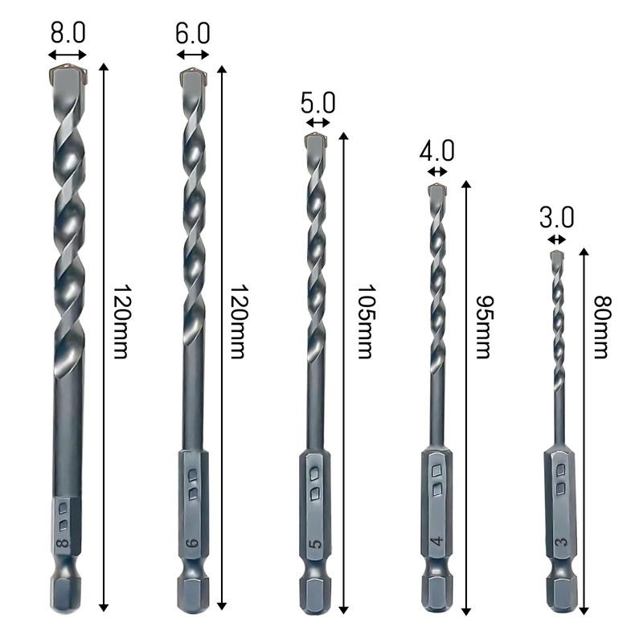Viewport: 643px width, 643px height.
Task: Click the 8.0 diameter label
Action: pyautogui.click(x=68, y=33)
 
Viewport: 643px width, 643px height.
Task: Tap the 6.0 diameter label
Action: pyautogui.click(x=193, y=33)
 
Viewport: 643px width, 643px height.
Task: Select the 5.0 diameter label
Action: pyautogui.click(x=318, y=103)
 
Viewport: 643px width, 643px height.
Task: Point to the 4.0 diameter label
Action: pyautogui.click(x=437, y=151)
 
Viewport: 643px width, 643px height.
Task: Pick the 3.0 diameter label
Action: pyautogui.click(x=556, y=218)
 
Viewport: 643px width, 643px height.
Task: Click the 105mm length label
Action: pyautogui.click(x=365, y=321)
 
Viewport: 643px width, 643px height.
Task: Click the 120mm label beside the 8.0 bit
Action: pyautogui.click(x=120, y=321)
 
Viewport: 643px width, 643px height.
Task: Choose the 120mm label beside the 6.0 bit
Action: pyautogui.click(x=237, y=321)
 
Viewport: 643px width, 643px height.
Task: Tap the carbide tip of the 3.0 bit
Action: pyautogui.click(x=557, y=256)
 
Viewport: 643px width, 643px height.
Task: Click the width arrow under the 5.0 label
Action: pyautogui.click(x=318, y=123)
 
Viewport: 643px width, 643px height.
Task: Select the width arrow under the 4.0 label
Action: pyautogui.click(x=437, y=171)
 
